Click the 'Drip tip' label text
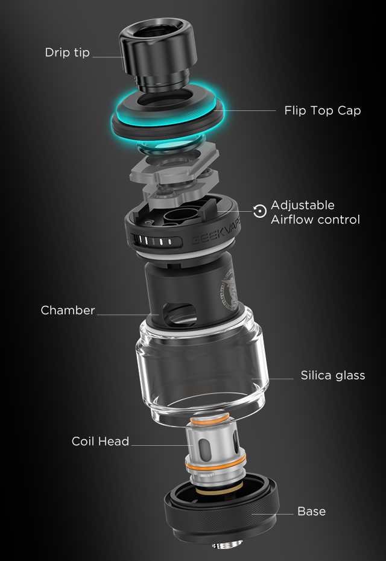pyautogui.click(x=68, y=52)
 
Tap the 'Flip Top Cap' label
pyautogui.click(x=322, y=110)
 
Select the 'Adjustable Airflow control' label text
pyautogui.click(x=315, y=212)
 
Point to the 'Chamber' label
pyautogui.click(x=68, y=310)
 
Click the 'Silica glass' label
pyautogui.click(x=333, y=375)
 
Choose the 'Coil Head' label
pyautogui.click(x=100, y=441)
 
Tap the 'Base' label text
pyautogui.click(x=312, y=512)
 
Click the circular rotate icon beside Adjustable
pyautogui.click(x=260, y=211)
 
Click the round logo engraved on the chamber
pyautogui.click(x=229, y=289)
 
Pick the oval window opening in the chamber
pyautogui.click(x=179, y=313)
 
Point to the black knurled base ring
pyautogui.click(x=221, y=508)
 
